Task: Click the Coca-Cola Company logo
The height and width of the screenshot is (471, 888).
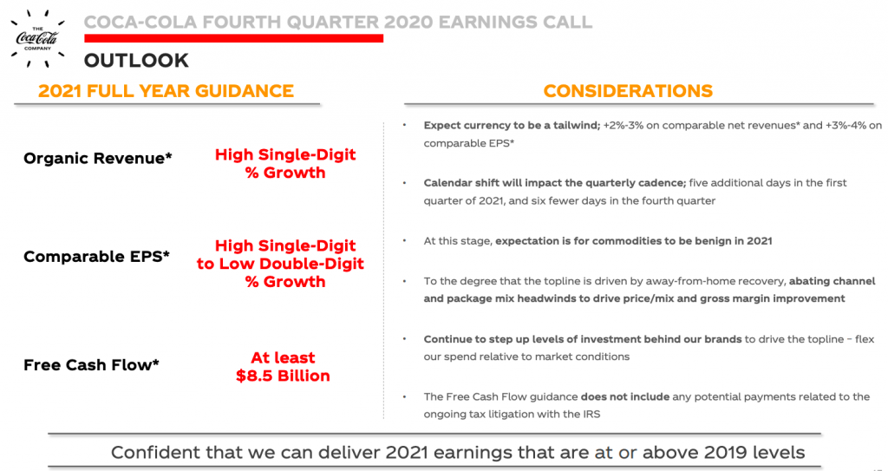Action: [37, 38]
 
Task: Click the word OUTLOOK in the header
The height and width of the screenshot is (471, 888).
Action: [136, 61]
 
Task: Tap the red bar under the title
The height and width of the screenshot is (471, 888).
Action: [234, 38]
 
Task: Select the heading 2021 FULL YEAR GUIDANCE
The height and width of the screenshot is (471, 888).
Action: [166, 91]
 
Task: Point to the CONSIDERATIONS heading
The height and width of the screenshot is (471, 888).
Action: [628, 91]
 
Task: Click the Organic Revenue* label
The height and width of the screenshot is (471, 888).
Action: [97, 158]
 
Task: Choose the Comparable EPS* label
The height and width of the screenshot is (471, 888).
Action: [96, 257]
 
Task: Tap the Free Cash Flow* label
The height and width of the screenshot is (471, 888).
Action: [91, 365]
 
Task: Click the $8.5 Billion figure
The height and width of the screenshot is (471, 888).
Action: [283, 376]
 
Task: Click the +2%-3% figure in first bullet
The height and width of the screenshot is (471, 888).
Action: [623, 125]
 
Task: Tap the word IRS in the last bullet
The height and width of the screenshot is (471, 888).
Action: [591, 415]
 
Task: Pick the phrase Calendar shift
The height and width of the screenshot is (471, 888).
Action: [459, 183]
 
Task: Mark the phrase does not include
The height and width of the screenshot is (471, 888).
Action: [624, 396]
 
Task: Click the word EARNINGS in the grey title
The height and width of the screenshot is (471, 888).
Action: [489, 22]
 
